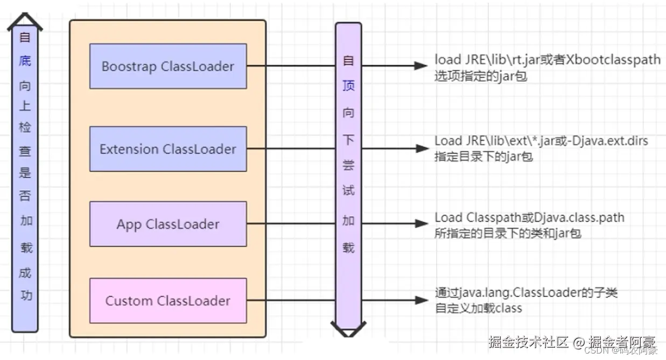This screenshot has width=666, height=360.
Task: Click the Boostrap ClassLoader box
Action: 168,66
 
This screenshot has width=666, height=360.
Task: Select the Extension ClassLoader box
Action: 168,149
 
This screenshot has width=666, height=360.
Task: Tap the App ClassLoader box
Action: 168,224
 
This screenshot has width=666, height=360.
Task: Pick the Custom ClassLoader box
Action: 168,300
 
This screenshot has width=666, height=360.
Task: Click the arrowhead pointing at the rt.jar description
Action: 420,66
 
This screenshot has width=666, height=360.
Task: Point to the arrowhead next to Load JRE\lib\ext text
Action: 420,149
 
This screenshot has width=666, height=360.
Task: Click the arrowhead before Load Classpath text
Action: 420,223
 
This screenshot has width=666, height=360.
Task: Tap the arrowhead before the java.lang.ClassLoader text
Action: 420,300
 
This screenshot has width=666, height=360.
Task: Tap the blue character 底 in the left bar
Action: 25,60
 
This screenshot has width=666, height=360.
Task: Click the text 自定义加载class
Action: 479,308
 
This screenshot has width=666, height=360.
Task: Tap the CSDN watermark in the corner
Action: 595,350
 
